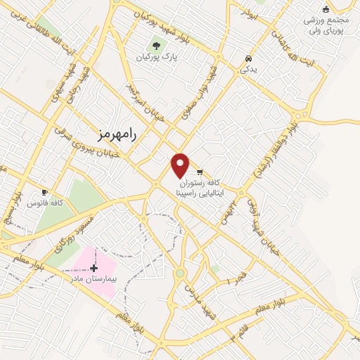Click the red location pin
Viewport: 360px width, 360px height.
(x=181, y=165)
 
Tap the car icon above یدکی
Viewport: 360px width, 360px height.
(x=248, y=59)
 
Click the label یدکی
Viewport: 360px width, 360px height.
(x=248, y=70)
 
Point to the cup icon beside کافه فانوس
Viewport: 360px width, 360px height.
(x=45, y=192)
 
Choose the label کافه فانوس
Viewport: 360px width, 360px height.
(x=45, y=203)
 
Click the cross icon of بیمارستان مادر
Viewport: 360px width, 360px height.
(x=94, y=268)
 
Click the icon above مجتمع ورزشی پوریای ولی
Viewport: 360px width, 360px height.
(x=325, y=9)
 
